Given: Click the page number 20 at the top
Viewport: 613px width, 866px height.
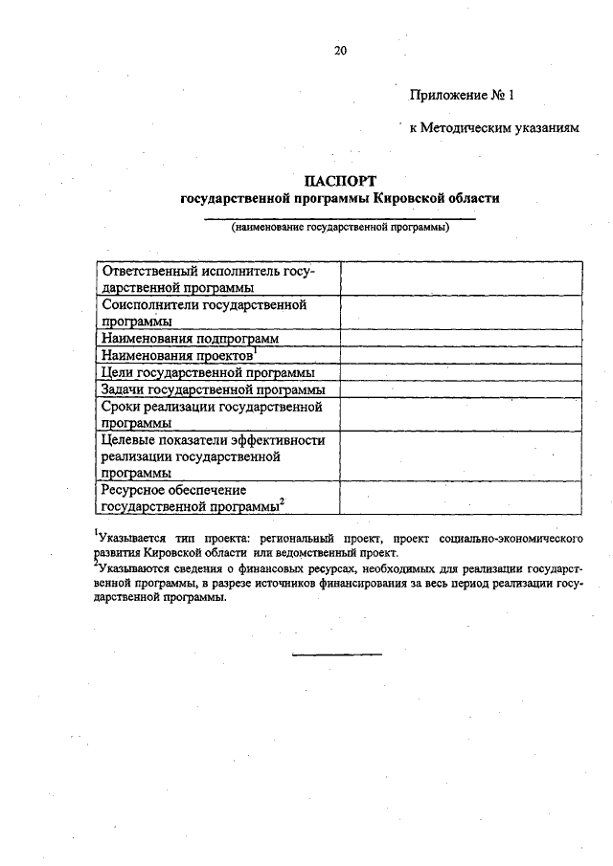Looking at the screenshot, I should [x=340, y=51].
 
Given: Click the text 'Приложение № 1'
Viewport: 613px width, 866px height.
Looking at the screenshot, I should [x=463, y=95].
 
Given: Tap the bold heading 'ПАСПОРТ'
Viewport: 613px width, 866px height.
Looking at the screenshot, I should [x=340, y=181].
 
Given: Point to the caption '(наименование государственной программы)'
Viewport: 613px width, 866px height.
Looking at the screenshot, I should [x=340, y=228].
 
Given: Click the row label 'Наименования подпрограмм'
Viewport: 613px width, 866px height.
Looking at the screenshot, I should [x=191, y=338].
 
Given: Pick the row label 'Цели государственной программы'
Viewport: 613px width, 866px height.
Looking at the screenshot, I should [x=209, y=372].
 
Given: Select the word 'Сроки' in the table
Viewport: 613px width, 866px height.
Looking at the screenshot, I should [x=121, y=407].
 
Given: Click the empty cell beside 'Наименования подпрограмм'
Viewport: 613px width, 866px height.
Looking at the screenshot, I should [x=461, y=338].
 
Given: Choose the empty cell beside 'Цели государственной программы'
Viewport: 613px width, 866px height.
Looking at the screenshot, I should [x=461, y=372].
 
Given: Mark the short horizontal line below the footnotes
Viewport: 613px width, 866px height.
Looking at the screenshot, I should [x=336, y=655].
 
